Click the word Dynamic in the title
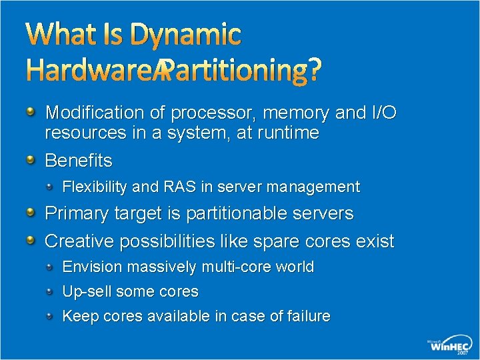[x=186, y=35]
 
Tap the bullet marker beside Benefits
[x=31, y=160]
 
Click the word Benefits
[x=79, y=161]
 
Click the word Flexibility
[x=95, y=187]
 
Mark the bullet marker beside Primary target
[x=31, y=213]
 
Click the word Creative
[x=79, y=241]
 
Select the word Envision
[x=92, y=267]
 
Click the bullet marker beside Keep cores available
[x=51, y=316]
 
